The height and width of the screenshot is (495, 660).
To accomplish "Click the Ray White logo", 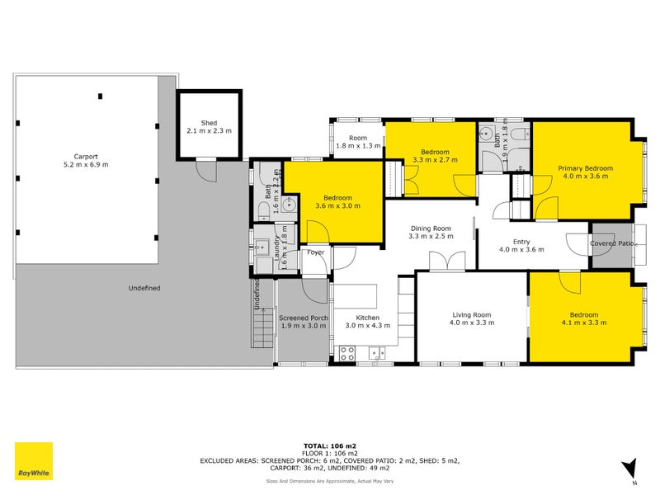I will click(x=34, y=461).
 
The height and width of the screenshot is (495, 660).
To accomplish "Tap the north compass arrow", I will click(x=631, y=469).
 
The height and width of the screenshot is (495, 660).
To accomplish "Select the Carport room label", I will click(x=85, y=156).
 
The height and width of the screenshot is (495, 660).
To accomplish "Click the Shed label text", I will click(x=210, y=123).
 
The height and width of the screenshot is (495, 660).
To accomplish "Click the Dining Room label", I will click(x=431, y=229).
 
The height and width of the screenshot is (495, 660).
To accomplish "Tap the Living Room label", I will click(x=471, y=314).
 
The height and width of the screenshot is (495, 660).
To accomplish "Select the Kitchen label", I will click(x=367, y=317).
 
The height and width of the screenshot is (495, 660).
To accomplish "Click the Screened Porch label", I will click(x=304, y=318).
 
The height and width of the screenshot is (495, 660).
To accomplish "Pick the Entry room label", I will click(x=521, y=241).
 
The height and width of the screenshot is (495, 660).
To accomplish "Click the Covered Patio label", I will click(x=611, y=243).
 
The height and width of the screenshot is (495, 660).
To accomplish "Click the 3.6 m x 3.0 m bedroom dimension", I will click(x=337, y=206).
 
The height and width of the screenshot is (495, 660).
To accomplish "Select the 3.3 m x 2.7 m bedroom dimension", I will click(x=435, y=160).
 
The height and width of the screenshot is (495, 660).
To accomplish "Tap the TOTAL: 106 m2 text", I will click(x=329, y=445).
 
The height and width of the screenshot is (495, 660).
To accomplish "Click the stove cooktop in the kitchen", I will click(x=347, y=353).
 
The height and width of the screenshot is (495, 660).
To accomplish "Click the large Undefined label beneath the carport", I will click(x=144, y=288).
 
